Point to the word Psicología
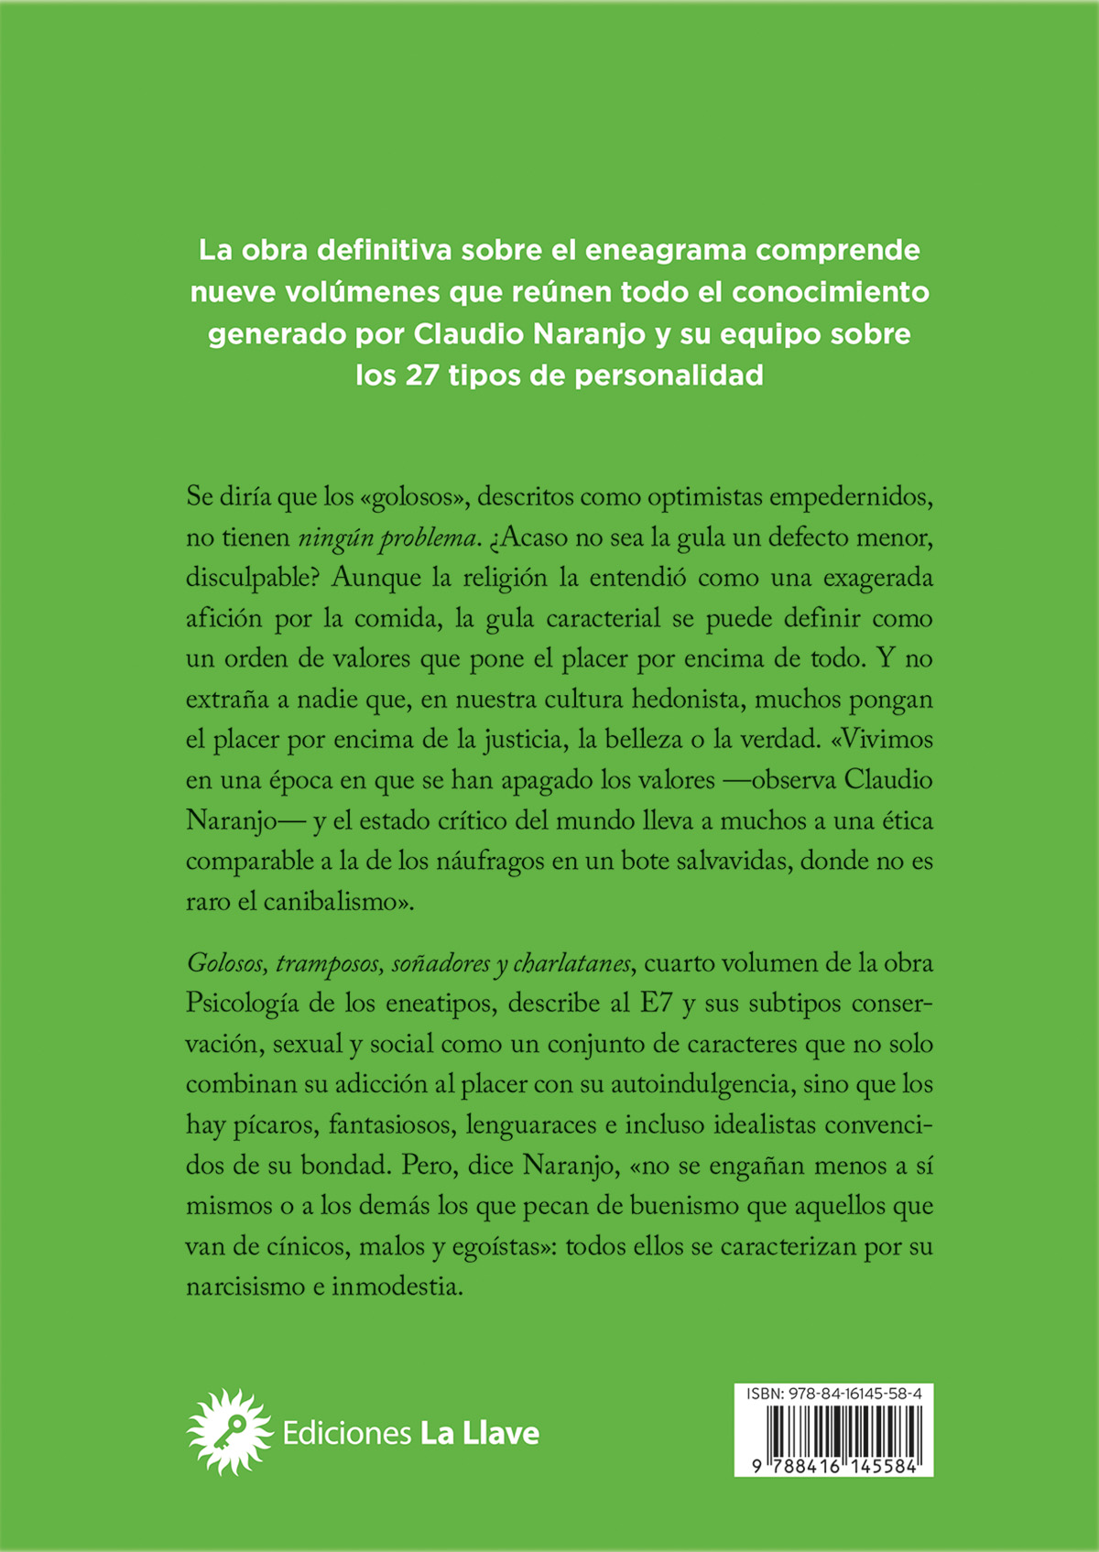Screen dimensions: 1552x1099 pyautogui.click(x=242, y=1004)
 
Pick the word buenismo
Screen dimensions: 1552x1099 pyautogui.click(x=684, y=1206)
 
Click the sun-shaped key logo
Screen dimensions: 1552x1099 pyautogui.click(x=229, y=1433)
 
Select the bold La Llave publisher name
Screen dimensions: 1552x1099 pyautogui.click(x=479, y=1433)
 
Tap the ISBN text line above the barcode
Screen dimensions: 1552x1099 pyautogui.click(x=832, y=1394)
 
